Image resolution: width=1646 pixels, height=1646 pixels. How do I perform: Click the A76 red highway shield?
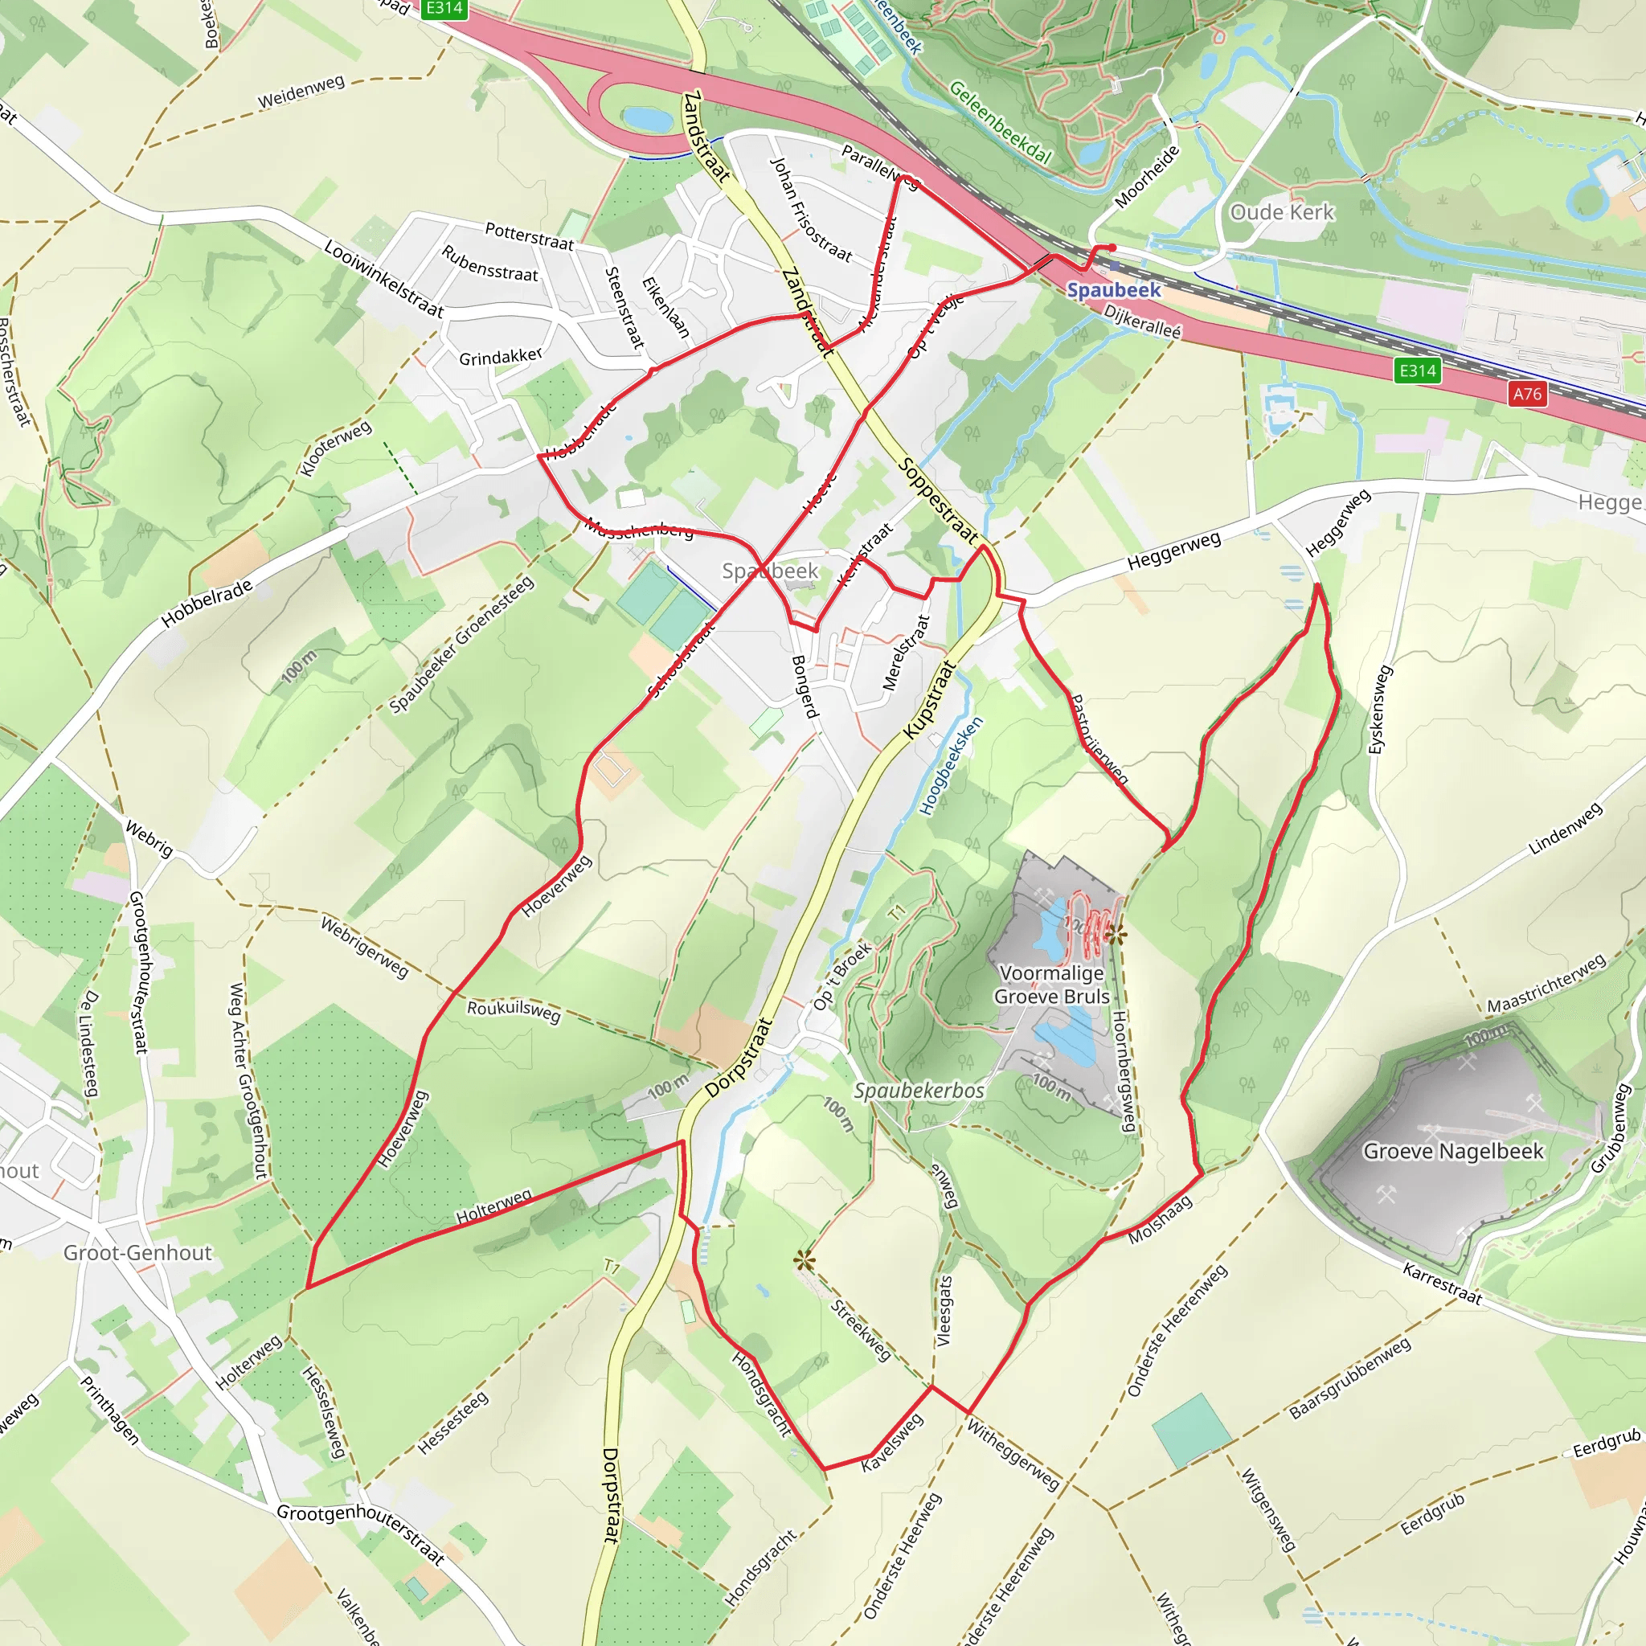[x=1527, y=394]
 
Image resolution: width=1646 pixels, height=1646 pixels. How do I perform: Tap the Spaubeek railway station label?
[x=1113, y=289]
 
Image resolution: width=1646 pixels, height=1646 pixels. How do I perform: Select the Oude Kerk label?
[x=1281, y=212]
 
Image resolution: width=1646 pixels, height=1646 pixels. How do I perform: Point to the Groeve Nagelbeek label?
[x=1453, y=1151]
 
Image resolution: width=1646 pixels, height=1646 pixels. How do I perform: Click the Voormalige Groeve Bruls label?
[x=1052, y=985]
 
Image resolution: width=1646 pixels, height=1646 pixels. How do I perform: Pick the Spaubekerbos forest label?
[x=919, y=1091]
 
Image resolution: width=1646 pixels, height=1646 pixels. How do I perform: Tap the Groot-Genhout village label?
[x=137, y=1252]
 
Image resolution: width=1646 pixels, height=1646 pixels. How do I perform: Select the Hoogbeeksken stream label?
[x=952, y=766]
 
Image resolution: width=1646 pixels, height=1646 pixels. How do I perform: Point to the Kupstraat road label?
[x=930, y=700]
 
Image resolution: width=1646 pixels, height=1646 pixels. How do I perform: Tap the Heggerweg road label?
[x=1173, y=551]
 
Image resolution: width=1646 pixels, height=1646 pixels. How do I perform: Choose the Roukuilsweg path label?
[x=514, y=1010]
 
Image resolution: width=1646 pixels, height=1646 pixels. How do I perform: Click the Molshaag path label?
[x=1160, y=1219]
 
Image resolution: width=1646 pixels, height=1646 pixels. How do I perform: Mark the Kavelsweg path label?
[x=891, y=1443]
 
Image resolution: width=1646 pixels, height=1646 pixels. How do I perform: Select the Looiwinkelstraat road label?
[x=383, y=279]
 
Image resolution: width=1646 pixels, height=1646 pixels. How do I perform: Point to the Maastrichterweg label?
[x=1546, y=983]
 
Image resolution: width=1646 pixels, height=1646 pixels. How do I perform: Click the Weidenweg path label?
[x=301, y=91]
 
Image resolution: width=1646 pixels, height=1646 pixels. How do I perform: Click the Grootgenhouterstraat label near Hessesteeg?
[x=361, y=1534]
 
